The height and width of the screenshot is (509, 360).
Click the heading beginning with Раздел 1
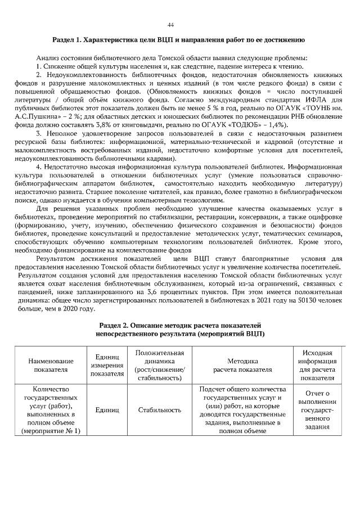click(178, 40)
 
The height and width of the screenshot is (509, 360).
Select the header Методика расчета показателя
click(242, 365)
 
